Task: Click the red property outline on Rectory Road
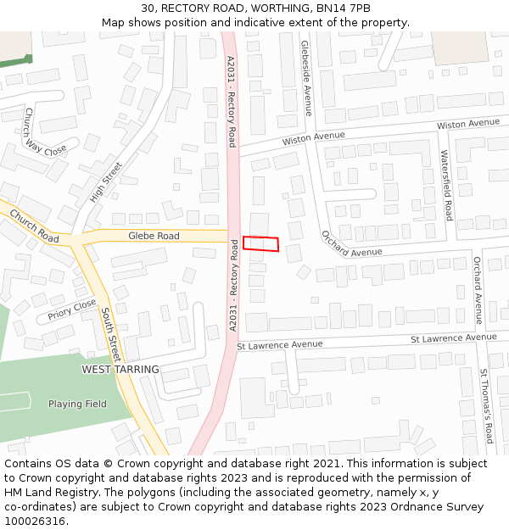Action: point(260,243)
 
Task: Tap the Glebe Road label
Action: point(154,236)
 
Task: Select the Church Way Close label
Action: point(44,132)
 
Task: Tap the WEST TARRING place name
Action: point(120,370)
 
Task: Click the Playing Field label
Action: point(77,404)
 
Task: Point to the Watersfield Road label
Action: point(447,184)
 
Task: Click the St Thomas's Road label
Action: point(486,406)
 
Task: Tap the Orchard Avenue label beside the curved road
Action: point(351,244)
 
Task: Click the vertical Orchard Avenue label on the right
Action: point(478,290)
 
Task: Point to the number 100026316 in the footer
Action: point(35,522)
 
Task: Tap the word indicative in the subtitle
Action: point(277,22)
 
